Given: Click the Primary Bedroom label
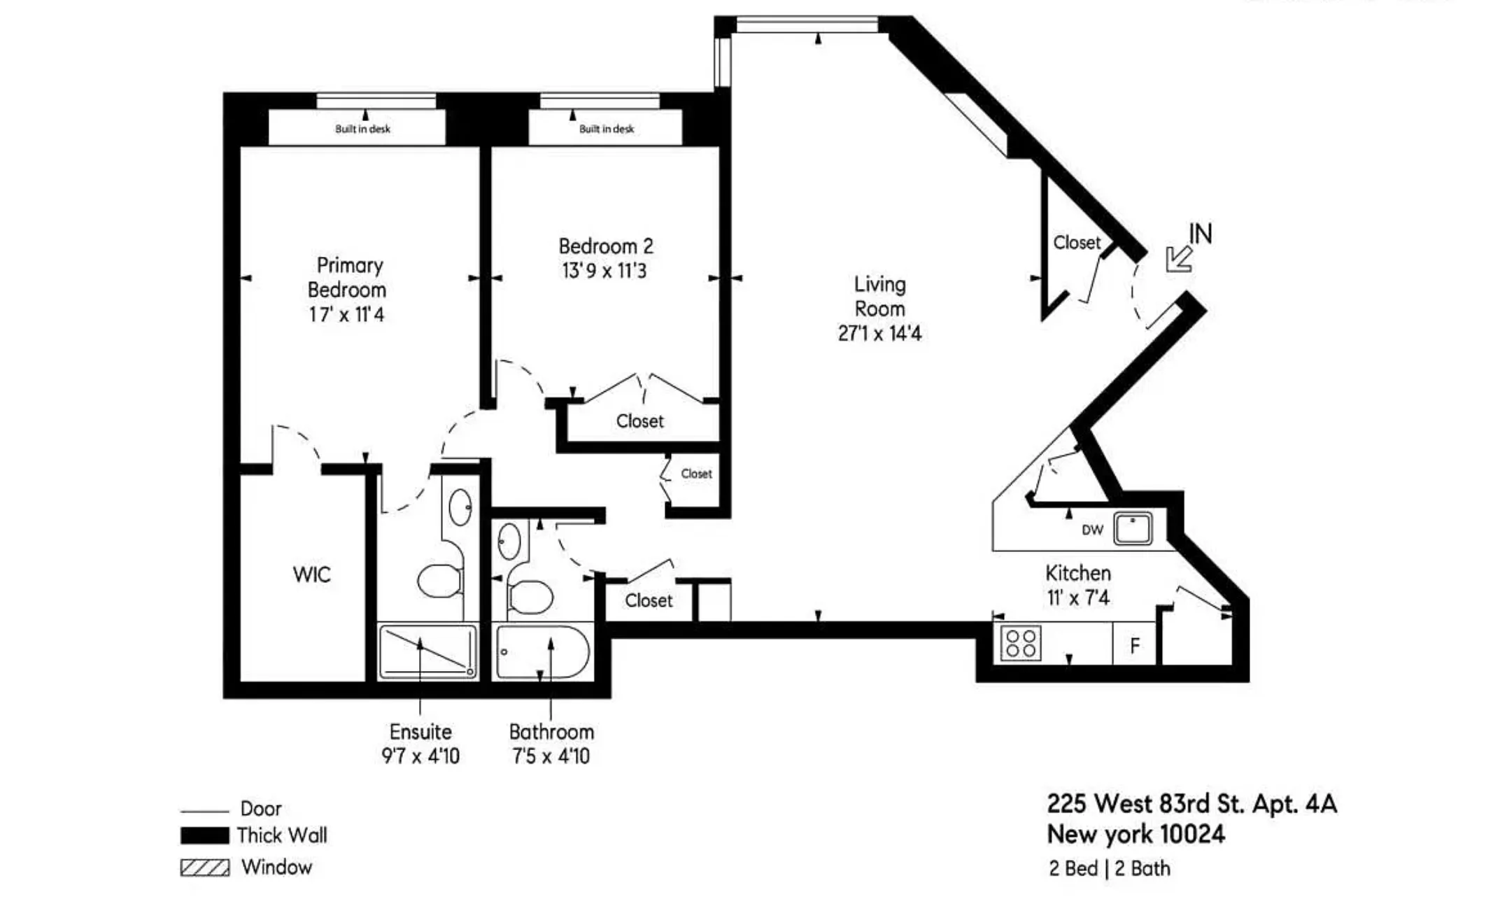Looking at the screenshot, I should (347, 278).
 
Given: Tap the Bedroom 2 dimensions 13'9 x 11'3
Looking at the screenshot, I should (604, 271).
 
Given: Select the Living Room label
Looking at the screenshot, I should (879, 296).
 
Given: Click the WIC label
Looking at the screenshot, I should (311, 574).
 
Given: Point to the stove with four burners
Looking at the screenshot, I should (1020, 643).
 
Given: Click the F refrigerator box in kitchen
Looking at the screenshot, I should (1134, 645).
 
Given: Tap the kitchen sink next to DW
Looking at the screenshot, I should (1133, 529).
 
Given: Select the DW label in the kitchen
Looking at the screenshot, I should (1092, 530).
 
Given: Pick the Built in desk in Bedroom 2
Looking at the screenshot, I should (605, 128).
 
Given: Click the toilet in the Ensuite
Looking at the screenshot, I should (440, 581).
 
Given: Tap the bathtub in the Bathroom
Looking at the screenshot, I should (542, 653).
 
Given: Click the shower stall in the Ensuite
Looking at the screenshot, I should (427, 652).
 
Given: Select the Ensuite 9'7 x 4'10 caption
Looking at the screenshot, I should (420, 744).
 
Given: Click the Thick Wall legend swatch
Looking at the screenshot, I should (204, 835).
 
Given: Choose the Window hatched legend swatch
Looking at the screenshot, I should (204, 868).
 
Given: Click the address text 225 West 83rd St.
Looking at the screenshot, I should (1191, 804).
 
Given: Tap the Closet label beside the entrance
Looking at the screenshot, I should (1076, 243).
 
